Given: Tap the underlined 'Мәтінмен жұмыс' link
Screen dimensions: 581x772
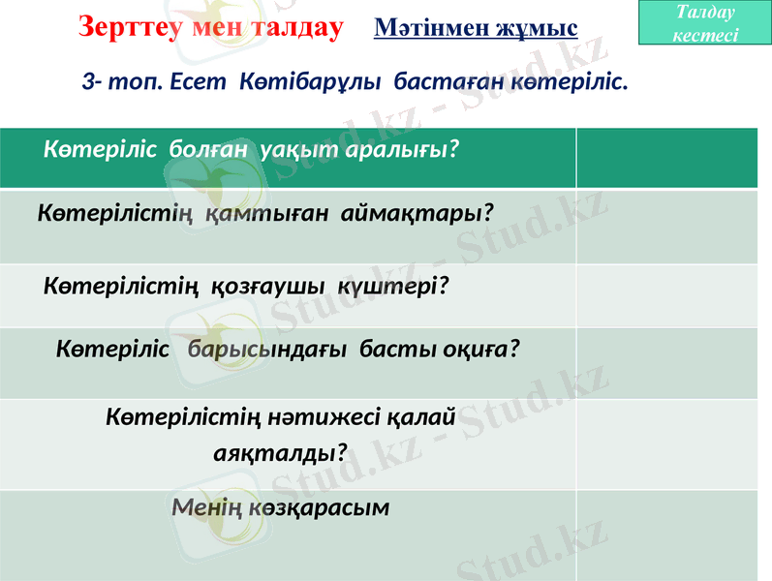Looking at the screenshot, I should click(475, 28).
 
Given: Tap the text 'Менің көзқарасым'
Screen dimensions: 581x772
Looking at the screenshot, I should click(281, 506).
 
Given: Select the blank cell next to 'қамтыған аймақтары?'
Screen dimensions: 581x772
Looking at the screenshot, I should click(667, 226).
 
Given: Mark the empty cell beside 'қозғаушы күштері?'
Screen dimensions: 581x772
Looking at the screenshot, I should click(667, 295).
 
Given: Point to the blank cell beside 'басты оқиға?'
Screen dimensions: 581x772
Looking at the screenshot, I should click(667, 362).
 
